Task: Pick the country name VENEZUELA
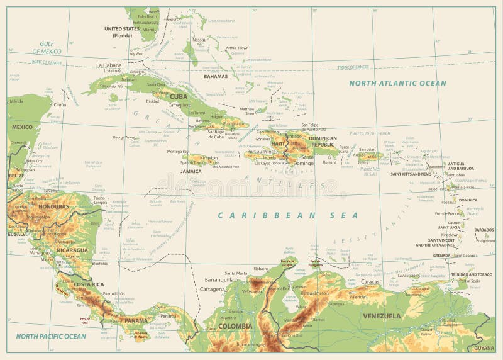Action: (381, 315)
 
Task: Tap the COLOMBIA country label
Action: (235, 326)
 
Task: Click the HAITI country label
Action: (278, 143)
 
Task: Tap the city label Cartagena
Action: (212, 289)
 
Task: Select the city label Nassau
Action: (199, 39)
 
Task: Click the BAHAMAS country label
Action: (215, 76)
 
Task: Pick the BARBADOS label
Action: (484, 230)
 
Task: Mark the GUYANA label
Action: (485, 347)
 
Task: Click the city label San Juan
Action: (368, 150)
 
